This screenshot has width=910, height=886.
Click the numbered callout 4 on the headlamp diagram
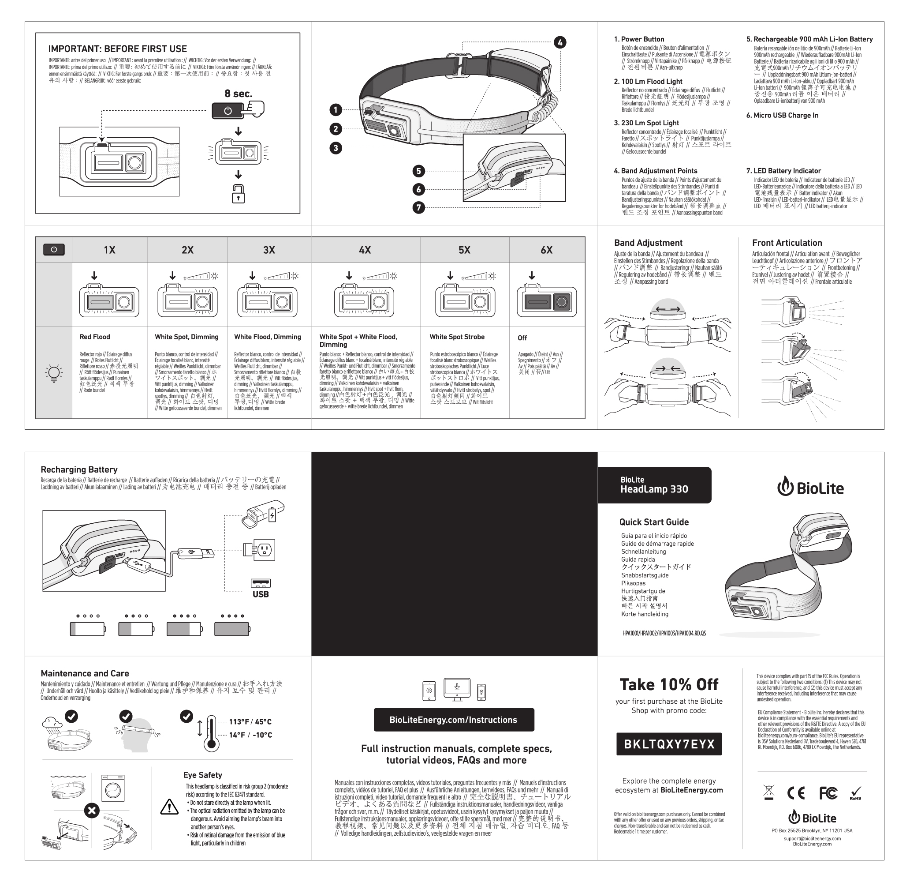click(x=560, y=42)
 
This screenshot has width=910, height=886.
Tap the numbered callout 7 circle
click(x=418, y=207)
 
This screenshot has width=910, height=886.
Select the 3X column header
click(x=269, y=250)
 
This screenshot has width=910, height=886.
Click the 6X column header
click(x=546, y=250)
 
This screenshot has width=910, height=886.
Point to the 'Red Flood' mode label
click(x=94, y=337)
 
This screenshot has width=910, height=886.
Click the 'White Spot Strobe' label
click(x=457, y=337)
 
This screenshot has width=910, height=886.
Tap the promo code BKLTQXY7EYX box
click(x=669, y=744)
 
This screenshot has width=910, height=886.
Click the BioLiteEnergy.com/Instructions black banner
click(x=453, y=720)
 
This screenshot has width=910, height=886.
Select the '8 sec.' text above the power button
click(x=238, y=94)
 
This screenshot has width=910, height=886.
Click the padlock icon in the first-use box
click(x=238, y=194)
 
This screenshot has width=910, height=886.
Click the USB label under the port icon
click(x=261, y=594)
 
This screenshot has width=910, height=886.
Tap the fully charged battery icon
click(x=232, y=629)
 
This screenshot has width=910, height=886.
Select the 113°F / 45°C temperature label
click(x=250, y=722)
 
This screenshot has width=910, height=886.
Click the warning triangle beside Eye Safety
click(x=169, y=807)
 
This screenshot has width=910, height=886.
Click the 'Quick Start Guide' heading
click(x=654, y=522)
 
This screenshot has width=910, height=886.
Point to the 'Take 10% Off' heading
click(x=669, y=684)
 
